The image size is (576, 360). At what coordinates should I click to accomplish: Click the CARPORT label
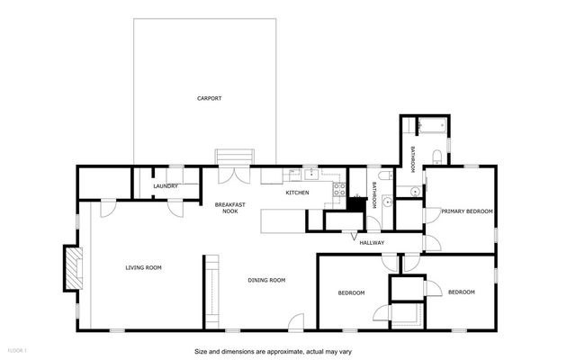click(x=209, y=98)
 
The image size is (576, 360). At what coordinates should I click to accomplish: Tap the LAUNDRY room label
click(x=166, y=186)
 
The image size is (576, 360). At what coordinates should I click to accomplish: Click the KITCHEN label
click(x=298, y=193)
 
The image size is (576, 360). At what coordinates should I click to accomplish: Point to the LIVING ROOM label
click(x=143, y=267)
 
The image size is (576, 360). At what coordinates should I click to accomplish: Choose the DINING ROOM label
click(x=266, y=280)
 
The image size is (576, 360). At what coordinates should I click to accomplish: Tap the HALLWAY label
click(x=372, y=242)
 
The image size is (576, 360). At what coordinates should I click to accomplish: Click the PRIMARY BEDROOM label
click(x=467, y=211)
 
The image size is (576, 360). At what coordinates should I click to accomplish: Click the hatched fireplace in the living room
click(x=70, y=266)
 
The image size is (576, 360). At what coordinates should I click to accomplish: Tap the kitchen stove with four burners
click(x=340, y=189)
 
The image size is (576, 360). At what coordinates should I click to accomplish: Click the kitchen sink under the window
click(x=310, y=175)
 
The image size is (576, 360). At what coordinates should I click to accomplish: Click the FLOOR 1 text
click(x=18, y=349)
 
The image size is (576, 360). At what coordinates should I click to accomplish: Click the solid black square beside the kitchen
click(x=357, y=205)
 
